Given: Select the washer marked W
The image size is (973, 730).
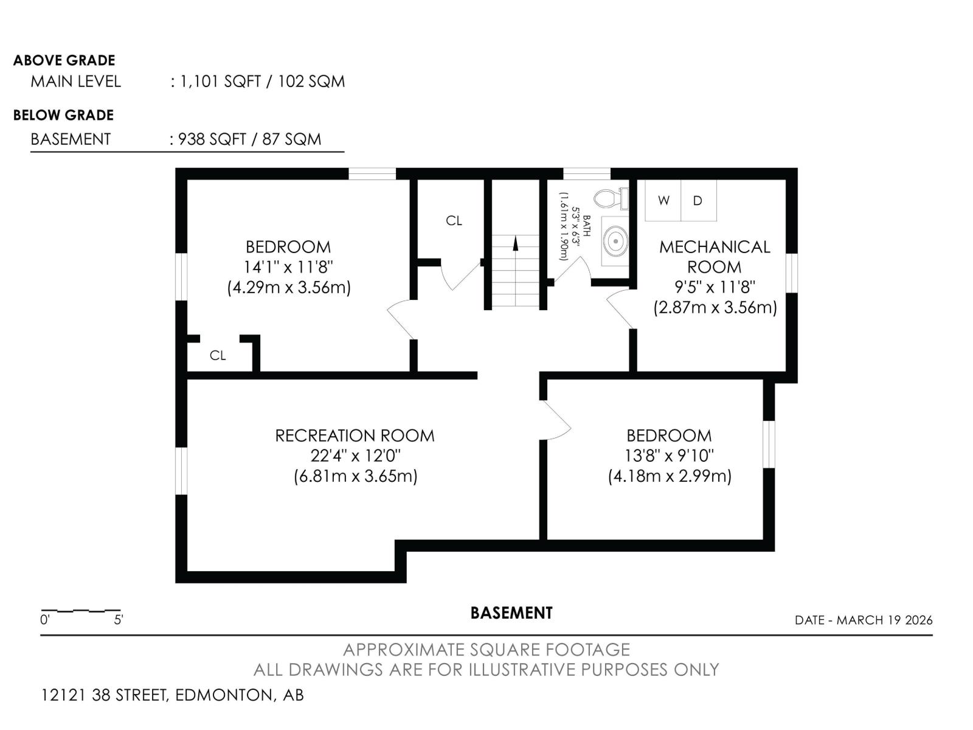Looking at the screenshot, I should point(663,200).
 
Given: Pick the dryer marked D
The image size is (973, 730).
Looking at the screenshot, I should point(698,200).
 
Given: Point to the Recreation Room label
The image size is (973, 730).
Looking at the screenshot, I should point(355,436).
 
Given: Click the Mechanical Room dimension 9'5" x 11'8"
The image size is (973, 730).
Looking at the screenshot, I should point(715,287).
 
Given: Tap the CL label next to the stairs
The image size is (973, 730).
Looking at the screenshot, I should point(454,221).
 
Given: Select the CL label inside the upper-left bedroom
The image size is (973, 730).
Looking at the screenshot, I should point(218,355).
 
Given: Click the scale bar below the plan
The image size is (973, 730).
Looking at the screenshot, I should point(81,610).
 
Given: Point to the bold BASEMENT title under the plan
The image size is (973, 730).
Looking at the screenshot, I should point(511,613).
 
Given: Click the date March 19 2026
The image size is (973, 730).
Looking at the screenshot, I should point(863,620).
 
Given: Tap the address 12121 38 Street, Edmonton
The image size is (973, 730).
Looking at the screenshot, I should point(172,695).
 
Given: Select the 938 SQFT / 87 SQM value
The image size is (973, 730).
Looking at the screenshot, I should point(249,139).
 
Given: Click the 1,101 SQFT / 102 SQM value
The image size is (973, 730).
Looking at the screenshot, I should point(262,82).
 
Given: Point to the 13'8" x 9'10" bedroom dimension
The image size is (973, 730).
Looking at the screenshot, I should point(669,456).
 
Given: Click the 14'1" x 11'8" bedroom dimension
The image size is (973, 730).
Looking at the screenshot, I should point(288,267).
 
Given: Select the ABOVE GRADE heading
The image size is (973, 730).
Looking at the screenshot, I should point(64,60).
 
